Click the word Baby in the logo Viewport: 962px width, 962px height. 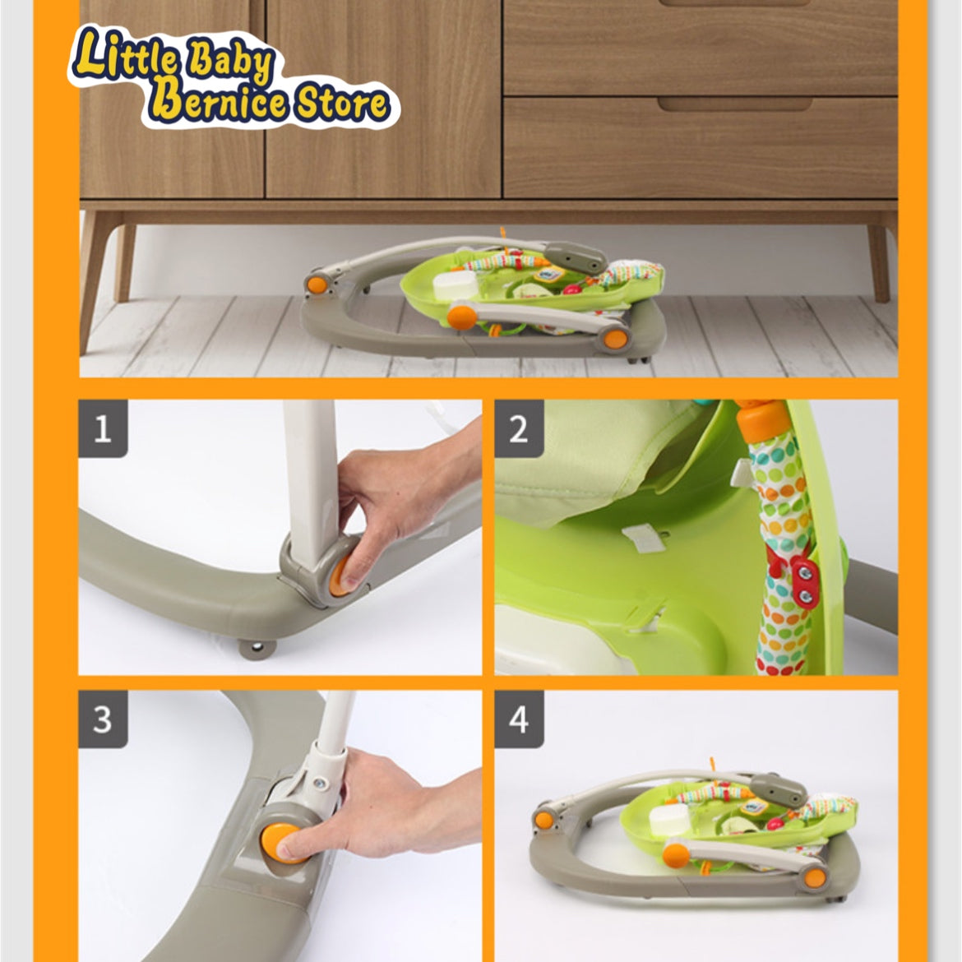tap(231, 62)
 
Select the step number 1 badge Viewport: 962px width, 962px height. tap(103, 428)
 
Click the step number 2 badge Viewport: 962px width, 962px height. tap(519, 428)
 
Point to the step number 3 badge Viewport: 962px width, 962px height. tap(103, 719)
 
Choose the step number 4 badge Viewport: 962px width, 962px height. tap(519, 719)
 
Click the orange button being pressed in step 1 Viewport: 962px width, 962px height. tap(339, 576)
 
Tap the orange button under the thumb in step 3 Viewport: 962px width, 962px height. tap(280, 843)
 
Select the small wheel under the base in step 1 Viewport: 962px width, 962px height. tap(257, 648)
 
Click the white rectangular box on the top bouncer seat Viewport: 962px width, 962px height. tap(455, 285)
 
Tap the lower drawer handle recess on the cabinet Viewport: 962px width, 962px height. tap(735, 105)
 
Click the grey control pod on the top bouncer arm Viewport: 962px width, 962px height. tap(575, 257)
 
